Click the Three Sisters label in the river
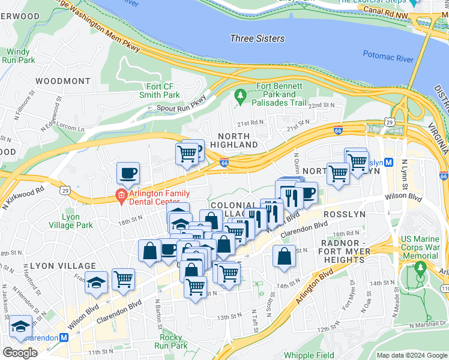pyautogui.click(x=257, y=38)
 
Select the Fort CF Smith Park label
pyautogui.click(x=159, y=90)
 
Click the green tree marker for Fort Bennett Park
pyautogui.click(x=241, y=95)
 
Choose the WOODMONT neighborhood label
pyautogui.click(x=62, y=80)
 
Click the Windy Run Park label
pyautogui.click(x=20, y=56)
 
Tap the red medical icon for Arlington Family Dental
pyautogui.click(x=121, y=194)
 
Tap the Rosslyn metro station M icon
pyautogui.click(x=388, y=163)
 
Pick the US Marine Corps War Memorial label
pyautogui.click(x=420, y=247)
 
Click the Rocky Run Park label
pyautogui.click(x=171, y=341)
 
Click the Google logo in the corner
pyautogui.click(x=20, y=353)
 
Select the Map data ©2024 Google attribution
pyautogui.click(x=411, y=355)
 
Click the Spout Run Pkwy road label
pyautogui.click(x=178, y=108)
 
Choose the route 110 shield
pyautogui.click(x=442, y=289)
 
